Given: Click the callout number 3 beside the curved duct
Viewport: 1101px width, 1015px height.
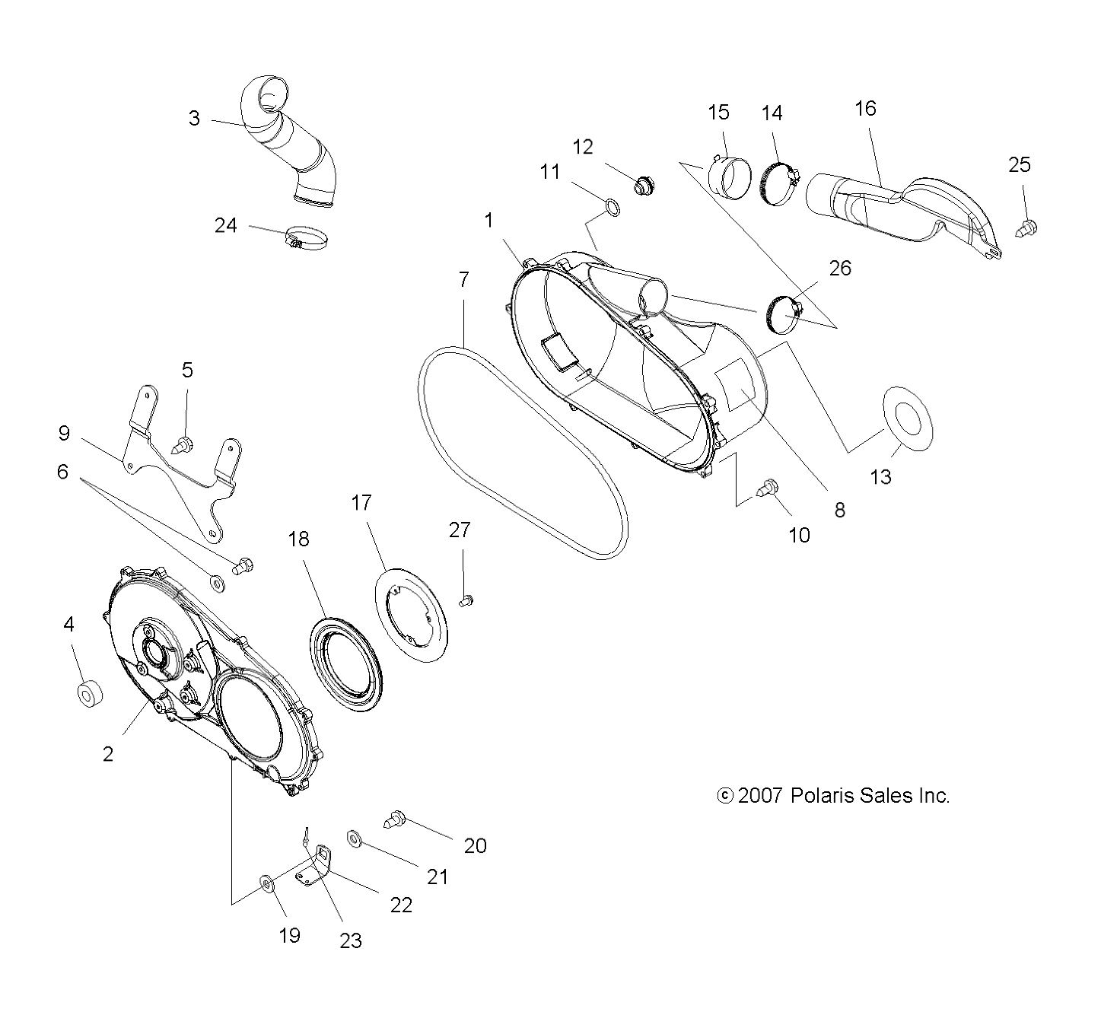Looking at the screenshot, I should [194, 119].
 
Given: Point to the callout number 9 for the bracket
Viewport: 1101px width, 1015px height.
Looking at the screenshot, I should [64, 433].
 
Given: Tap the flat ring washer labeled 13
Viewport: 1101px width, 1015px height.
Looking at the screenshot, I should [908, 418].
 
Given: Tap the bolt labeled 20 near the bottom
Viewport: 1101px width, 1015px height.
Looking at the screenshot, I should [395, 819].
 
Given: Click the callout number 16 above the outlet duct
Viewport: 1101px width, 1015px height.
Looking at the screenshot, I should [865, 109].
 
